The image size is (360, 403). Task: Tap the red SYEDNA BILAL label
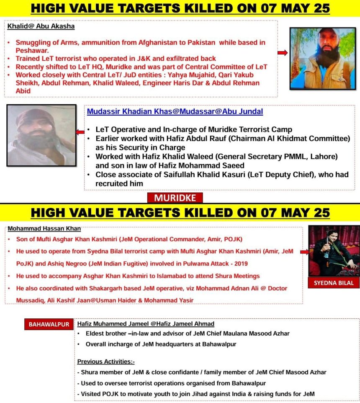coord(334,283)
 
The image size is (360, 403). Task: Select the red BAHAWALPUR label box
coord(49,324)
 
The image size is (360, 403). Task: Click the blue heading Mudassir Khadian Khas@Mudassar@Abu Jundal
coord(175,112)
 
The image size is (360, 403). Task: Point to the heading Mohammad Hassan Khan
coord(44,229)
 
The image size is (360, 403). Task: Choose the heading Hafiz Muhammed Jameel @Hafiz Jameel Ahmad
coord(146,323)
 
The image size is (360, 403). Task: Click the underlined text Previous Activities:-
coord(106,362)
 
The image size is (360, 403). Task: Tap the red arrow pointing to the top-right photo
coord(283,53)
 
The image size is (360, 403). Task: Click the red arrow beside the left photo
coord(80,132)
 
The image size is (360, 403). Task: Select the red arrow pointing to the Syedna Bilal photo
coord(304,252)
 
